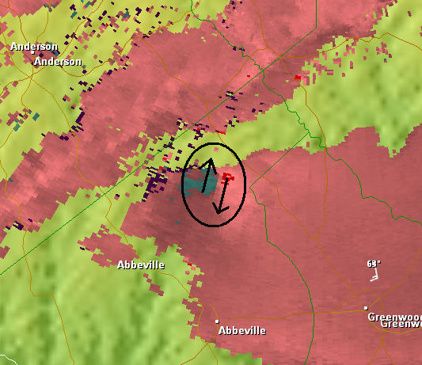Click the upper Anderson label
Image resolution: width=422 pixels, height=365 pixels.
click(33, 47)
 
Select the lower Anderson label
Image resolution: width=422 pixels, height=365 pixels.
click(58, 61)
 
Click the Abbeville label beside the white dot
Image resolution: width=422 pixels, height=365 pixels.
click(242, 330)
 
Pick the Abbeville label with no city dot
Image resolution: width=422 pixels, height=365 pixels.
click(140, 264)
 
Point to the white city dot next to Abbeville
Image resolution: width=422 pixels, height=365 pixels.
click(216, 321)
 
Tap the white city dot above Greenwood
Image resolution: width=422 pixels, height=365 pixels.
click(366, 307)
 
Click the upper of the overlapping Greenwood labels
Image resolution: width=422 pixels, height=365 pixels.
click(393, 317)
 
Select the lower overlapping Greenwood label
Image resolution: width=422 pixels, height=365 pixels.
click(402, 324)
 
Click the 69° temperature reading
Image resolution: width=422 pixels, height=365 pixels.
click(374, 263)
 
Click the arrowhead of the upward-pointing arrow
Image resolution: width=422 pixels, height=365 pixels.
click(211, 163)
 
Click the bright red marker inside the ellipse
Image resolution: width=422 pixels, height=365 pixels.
click(227, 176)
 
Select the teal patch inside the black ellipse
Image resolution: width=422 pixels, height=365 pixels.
click(195, 184)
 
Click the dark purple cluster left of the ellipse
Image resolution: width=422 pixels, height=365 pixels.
click(156, 187)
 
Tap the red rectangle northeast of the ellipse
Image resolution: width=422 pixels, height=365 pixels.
click(298, 78)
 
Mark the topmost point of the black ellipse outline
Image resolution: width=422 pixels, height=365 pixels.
click(214, 143)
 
